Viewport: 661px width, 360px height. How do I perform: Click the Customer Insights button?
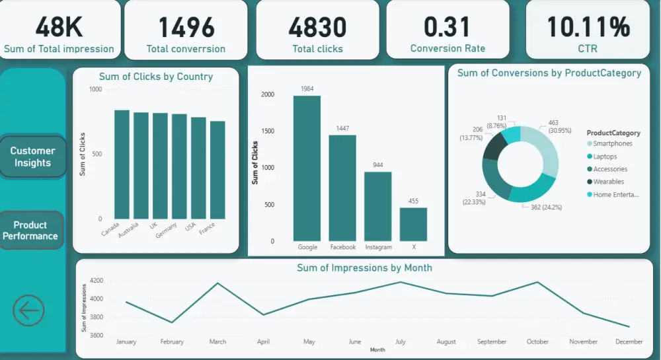[x=33, y=157]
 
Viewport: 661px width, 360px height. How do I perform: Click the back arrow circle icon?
[x=28, y=310]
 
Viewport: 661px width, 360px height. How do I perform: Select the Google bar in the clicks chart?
[x=307, y=168]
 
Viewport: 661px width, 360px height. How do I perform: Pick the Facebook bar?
[x=342, y=188]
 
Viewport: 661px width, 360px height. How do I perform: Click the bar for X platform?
[x=413, y=225]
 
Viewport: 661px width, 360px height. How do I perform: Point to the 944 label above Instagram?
[x=378, y=165]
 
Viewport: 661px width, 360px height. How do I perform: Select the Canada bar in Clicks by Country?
[x=122, y=164]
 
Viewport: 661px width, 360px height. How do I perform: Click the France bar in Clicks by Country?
[x=217, y=170]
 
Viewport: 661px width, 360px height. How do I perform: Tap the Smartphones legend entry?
[x=612, y=143]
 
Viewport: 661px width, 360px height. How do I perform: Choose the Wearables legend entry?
[x=608, y=182]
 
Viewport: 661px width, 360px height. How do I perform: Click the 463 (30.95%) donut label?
[x=554, y=126]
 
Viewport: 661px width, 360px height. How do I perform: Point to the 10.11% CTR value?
[x=588, y=28]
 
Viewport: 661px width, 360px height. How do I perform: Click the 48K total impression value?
[x=59, y=28]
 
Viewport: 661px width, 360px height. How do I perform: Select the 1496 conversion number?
[x=186, y=28]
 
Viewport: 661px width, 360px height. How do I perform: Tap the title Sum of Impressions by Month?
[x=364, y=268]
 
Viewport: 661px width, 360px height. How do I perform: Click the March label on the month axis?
[x=217, y=342]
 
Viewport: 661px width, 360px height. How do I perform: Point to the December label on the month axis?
[x=629, y=342]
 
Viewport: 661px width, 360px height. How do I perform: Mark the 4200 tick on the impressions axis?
[x=96, y=280]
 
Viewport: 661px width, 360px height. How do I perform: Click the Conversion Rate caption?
[x=447, y=48]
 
